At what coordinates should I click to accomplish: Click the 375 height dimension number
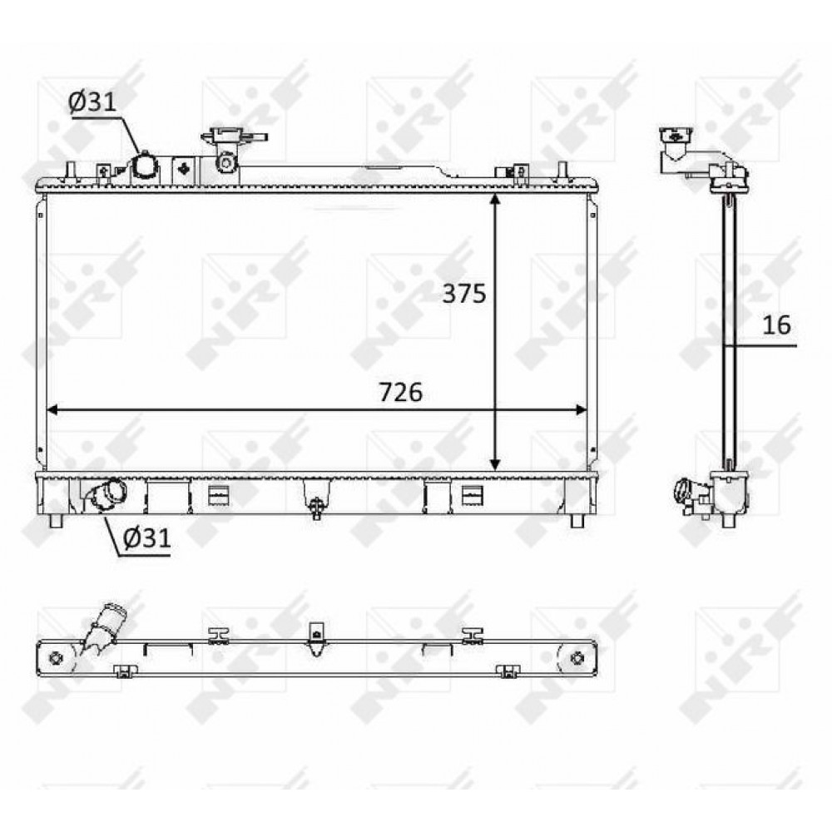pos(464,294)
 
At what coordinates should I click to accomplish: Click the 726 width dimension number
pos(401,392)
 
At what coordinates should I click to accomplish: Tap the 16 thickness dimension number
pos(776,324)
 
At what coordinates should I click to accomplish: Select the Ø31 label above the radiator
pos(92,102)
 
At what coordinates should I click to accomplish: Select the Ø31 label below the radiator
pos(147,538)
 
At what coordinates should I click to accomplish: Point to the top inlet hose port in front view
pos(144,167)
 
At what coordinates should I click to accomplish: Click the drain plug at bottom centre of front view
pos(316,508)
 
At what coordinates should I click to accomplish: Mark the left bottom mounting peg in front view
pos(57,521)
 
